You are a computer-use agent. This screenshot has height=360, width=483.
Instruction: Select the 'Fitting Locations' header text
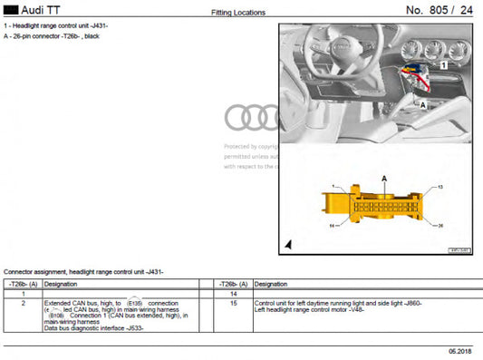click(238, 13)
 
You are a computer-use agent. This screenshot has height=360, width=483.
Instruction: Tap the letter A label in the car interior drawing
click(422, 105)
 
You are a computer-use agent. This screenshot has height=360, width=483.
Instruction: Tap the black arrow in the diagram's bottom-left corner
click(289, 244)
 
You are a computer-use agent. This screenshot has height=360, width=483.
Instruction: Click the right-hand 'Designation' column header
click(273, 284)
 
